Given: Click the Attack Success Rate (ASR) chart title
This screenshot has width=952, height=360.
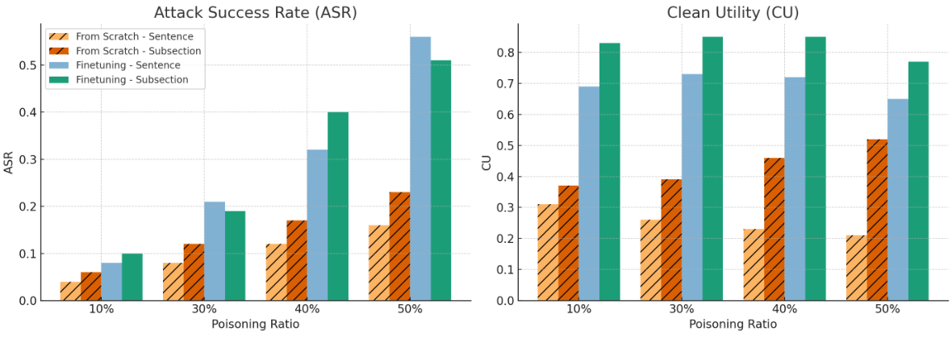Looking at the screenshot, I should (255, 12).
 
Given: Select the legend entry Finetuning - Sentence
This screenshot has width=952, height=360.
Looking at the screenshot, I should (128, 65).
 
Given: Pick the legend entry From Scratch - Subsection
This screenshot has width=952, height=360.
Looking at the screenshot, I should (138, 51).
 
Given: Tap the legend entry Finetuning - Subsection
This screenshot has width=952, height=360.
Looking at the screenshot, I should (132, 80).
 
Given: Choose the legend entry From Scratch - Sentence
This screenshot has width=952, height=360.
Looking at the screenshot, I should (134, 36).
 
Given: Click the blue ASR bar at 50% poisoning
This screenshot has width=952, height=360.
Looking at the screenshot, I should (420, 169).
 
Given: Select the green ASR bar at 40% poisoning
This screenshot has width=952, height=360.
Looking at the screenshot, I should (338, 206).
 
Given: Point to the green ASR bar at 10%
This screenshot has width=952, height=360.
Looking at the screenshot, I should (132, 277).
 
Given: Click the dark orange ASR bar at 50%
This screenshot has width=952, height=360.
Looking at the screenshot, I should (399, 246).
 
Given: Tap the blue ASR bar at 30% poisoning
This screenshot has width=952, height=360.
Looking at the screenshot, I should (215, 251).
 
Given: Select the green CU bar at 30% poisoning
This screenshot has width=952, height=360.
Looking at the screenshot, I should (712, 169).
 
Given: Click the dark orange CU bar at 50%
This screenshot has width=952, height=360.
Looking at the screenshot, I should (877, 220).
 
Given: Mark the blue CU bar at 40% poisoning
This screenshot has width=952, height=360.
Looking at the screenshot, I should (795, 189).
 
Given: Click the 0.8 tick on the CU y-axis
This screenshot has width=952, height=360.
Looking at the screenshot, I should (505, 52).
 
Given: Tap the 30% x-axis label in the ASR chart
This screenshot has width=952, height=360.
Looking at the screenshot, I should (204, 309).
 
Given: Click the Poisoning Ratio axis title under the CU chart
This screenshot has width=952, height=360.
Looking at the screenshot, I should (733, 324).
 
